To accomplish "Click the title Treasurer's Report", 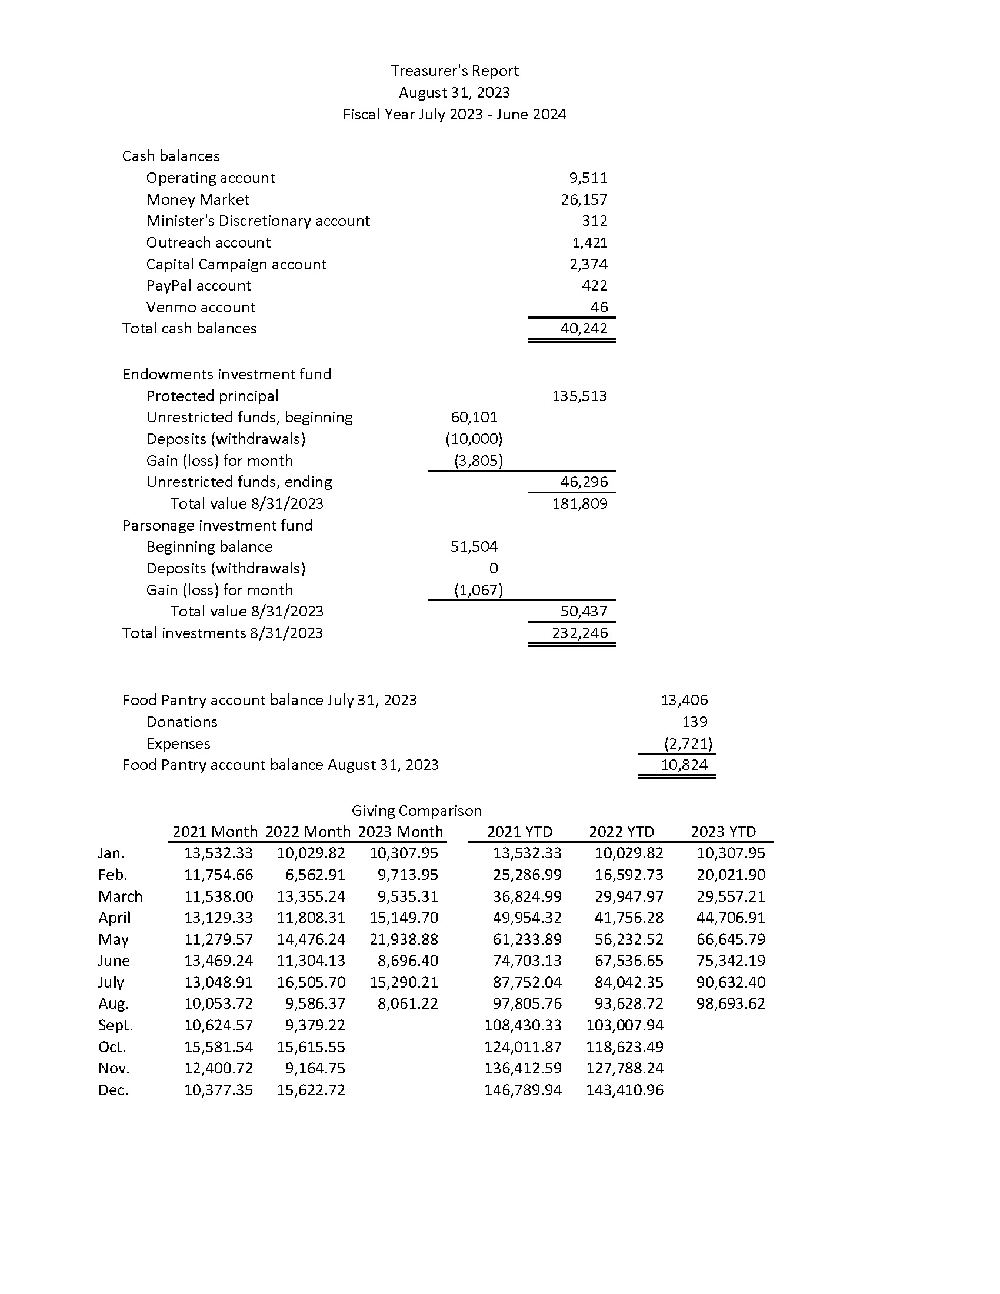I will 454,71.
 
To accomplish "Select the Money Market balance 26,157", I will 584,199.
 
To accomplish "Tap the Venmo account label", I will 200,307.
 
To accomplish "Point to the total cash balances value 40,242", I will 584,328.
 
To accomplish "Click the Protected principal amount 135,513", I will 579,396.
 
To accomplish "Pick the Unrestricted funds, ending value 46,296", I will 584,482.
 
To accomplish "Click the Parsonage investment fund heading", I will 217,525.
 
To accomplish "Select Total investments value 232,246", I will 579,633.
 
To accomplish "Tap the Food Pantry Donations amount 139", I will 694,722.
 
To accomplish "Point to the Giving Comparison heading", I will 416,811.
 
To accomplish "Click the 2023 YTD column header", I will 723,832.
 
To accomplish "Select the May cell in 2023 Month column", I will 404,939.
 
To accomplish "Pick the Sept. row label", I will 115,1025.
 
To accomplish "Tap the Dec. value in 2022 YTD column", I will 624,1089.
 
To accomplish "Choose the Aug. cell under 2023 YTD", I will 731,1003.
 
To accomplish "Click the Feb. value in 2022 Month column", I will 315,875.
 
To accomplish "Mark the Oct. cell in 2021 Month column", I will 218,1047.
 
